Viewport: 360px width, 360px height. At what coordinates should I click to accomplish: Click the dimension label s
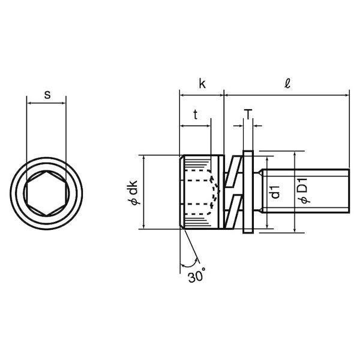pyautogui.click(x=47, y=95)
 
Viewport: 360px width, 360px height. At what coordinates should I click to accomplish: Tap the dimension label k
pyautogui.click(x=202, y=83)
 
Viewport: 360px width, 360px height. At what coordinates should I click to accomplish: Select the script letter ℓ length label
pyautogui.click(x=287, y=83)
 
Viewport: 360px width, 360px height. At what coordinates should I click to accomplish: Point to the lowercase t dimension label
pyautogui.click(x=195, y=115)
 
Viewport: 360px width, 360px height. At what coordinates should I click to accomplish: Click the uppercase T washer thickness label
pyautogui.click(x=248, y=115)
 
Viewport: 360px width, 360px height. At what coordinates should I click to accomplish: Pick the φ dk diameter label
pyautogui.click(x=133, y=193)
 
